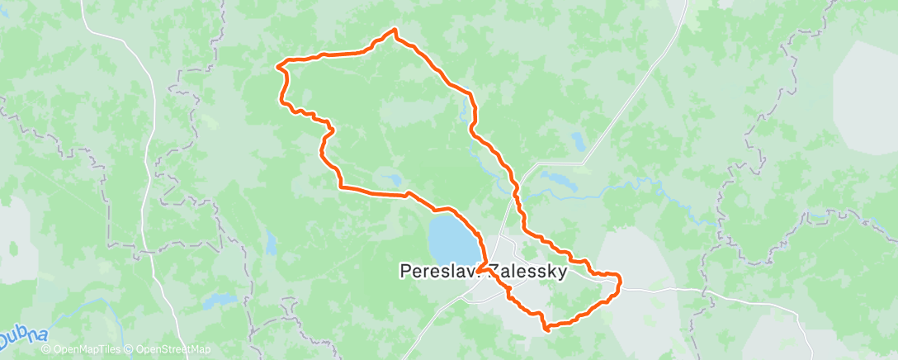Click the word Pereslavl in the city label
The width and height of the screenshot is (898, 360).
click(x=437, y=271)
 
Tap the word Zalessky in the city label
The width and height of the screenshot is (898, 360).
click(x=527, y=271)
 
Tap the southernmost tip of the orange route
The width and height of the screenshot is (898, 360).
click(x=546, y=329)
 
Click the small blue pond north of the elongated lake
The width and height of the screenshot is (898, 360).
click(x=578, y=141)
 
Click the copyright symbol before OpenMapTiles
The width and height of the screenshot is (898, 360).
click(x=45, y=350)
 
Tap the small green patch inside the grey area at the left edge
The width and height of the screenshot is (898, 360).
click(x=12, y=248)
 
